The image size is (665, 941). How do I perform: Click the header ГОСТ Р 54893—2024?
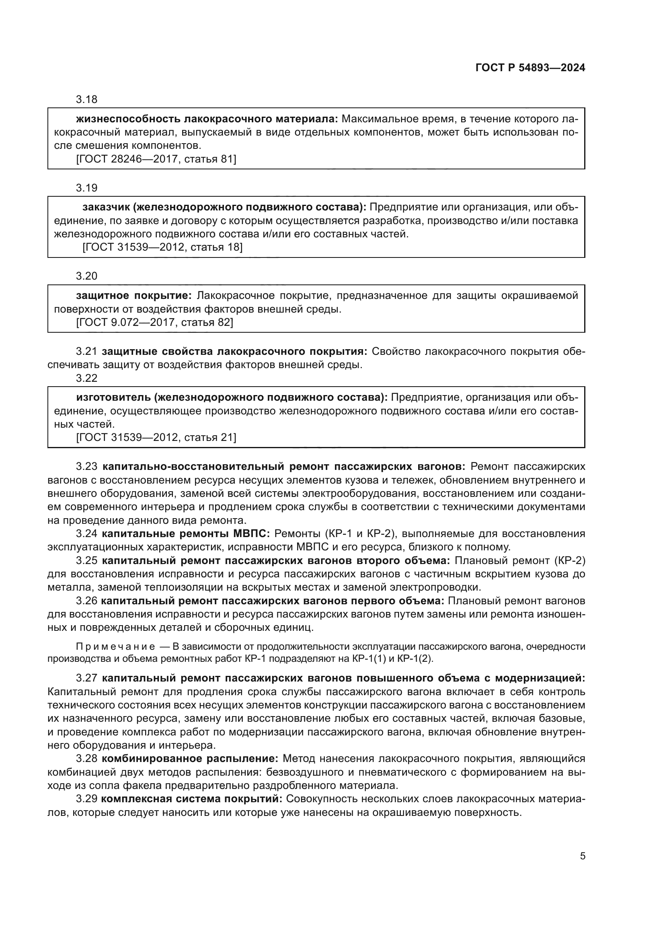530,68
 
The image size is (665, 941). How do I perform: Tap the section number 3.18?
86,100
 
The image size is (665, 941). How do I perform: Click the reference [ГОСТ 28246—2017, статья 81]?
156,159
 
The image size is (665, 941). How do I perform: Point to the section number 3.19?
86,188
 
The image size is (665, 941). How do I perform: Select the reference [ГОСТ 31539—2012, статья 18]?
162,247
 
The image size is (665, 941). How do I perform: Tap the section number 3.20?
86,276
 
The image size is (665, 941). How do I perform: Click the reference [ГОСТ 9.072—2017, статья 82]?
154,323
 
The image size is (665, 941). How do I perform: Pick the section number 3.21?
86,352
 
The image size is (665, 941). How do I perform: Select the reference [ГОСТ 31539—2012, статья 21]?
156,437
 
